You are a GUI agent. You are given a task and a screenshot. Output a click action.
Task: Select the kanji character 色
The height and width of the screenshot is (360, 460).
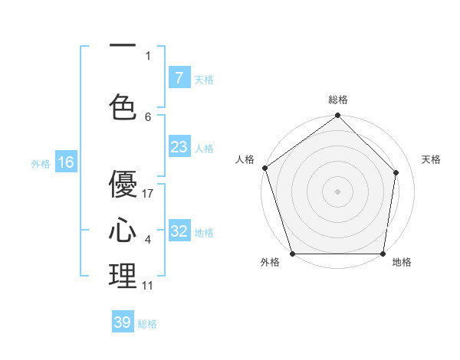(123, 106)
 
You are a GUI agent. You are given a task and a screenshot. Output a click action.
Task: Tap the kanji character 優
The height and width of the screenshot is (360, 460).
(123, 184)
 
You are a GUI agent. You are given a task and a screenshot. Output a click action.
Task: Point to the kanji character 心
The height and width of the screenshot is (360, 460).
(123, 231)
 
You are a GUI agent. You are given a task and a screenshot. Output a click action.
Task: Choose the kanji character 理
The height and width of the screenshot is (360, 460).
(123, 277)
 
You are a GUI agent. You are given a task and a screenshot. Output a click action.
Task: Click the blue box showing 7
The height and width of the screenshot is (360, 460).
(179, 78)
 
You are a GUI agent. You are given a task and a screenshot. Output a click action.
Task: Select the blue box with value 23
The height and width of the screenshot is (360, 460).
(179, 147)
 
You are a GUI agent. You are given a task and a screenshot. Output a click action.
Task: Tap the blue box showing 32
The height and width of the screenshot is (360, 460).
(179, 231)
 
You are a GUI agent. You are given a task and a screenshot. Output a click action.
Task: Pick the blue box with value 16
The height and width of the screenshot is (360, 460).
(65, 162)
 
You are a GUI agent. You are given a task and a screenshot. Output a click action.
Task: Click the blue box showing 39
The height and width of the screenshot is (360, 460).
(123, 322)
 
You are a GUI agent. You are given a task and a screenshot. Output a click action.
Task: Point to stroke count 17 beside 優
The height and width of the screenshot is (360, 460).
(149, 194)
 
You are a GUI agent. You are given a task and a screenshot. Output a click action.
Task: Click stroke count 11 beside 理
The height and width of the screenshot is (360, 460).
(148, 286)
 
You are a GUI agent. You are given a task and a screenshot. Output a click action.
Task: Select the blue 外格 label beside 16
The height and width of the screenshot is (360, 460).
(41, 163)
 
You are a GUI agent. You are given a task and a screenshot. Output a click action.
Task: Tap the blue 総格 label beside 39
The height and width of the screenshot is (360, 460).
(147, 324)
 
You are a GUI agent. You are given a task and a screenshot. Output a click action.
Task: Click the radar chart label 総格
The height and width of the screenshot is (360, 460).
(338, 100)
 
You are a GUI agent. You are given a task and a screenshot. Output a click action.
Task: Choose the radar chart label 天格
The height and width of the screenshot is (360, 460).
(432, 159)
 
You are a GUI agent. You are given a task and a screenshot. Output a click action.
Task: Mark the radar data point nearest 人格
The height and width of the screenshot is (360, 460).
(264, 168)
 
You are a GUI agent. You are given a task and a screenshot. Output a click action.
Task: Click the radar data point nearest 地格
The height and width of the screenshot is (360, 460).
(383, 254)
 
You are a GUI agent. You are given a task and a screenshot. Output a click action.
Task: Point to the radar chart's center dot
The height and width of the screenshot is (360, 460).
(337, 191)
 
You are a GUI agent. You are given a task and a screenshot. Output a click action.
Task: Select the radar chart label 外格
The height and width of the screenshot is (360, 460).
(270, 263)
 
